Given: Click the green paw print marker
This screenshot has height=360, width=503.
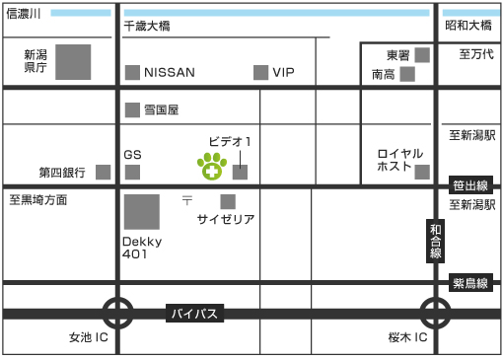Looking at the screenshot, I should (x=211, y=168).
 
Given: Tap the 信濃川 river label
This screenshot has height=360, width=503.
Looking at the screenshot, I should (x=23, y=15).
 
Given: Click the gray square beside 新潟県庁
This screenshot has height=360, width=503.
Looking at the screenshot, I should (x=72, y=62).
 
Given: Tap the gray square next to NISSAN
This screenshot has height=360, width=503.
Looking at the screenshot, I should (x=132, y=72).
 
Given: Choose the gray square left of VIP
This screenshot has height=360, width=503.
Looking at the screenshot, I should (x=260, y=72).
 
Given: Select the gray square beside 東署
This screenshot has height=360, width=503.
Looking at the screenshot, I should (x=422, y=54).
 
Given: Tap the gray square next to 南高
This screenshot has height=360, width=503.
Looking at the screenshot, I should (x=406, y=73).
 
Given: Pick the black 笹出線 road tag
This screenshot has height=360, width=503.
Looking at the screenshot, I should (x=470, y=185).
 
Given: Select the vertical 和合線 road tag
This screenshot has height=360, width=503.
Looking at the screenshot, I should (x=435, y=241).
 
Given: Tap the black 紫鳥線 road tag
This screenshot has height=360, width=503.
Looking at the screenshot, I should (x=470, y=282).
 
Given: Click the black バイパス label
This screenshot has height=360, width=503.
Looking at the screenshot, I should (x=193, y=315).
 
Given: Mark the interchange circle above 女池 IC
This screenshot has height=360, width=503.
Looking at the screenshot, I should (x=117, y=315).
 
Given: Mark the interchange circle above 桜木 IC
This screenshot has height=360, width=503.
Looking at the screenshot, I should (x=435, y=315).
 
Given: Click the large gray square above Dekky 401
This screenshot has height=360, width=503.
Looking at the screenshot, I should (x=141, y=212).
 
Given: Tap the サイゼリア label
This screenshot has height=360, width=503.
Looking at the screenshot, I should (x=226, y=219).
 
